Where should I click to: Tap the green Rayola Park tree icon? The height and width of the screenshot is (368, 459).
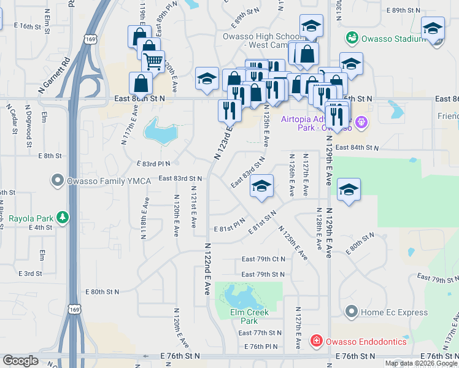pyautogui.click(x=62, y=218)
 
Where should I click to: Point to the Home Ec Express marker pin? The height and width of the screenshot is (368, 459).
pyautogui.click(x=352, y=312)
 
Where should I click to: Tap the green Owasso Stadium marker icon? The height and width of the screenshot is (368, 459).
pyautogui.click(x=352, y=38)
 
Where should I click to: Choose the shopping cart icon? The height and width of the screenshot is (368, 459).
pyautogui.click(x=153, y=61)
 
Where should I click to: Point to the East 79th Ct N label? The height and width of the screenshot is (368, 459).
pyautogui.click(x=263, y=259)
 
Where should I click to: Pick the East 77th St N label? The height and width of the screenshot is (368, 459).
pyautogui.click(x=260, y=333)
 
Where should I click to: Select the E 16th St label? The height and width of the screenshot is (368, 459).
pyautogui.click(x=34, y=27)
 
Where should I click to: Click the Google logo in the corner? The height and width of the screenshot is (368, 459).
pyautogui.click(x=21, y=361)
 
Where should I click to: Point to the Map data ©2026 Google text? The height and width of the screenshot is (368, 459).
pyautogui.click(x=421, y=364)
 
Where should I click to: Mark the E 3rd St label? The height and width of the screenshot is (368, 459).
pyautogui.click(x=30, y=274)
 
